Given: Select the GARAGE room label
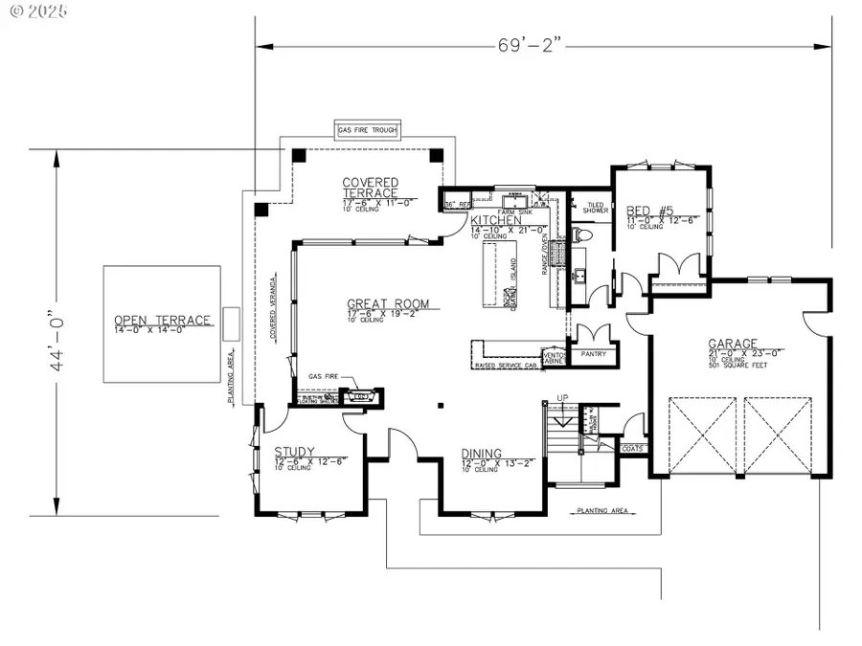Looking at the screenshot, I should pos(733,343).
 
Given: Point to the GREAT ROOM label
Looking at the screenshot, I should pos(388,304).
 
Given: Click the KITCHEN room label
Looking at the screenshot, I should pos(495,220).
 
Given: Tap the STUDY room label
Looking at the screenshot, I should pos(295,452).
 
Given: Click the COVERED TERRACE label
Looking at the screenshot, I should pos(370,188).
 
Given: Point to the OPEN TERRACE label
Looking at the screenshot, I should pos(162,321).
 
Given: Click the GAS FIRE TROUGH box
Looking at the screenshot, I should pos(367,130).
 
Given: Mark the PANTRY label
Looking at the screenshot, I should pos(592,354).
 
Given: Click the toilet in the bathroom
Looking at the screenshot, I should pos(581,234).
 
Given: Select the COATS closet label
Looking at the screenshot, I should pos(633,448).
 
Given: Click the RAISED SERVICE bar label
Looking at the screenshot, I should pos(505,366).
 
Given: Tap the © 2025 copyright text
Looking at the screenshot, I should pos(31,11).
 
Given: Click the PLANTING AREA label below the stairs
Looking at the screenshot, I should pos(602,512).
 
